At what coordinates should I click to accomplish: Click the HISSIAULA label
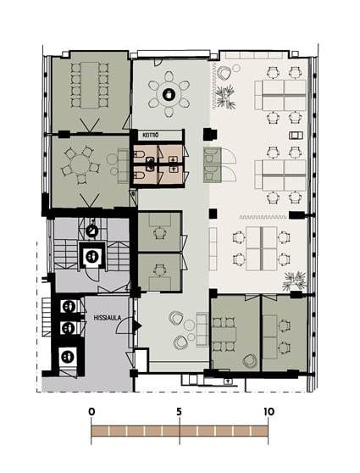(103, 318)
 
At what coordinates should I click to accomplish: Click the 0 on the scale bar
(91, 411)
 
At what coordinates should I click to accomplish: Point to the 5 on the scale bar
(179, 411)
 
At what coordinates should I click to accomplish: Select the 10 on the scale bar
(269, 411)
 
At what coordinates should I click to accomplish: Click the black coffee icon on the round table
(169, 94)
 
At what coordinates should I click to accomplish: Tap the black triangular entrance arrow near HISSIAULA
(137, 326)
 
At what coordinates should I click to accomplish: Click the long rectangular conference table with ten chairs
(90, 85)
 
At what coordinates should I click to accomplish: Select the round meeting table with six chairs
(80, 164)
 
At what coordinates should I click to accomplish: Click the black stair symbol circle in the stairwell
(92, 231)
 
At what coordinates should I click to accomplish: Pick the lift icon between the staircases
(91, 256)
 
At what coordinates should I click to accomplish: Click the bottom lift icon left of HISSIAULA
(68, 357)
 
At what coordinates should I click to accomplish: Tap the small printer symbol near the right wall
(296, 135)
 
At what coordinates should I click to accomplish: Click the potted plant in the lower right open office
(294, 281)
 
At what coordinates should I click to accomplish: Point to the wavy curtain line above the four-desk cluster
(263, 217)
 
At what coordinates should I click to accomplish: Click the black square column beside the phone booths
(210, 134)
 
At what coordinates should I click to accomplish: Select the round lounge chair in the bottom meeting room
(250, 361)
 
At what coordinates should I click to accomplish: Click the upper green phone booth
(213, 156)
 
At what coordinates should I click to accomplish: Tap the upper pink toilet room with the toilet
(145, 155)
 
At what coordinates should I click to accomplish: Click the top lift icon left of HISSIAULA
(68, 307)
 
